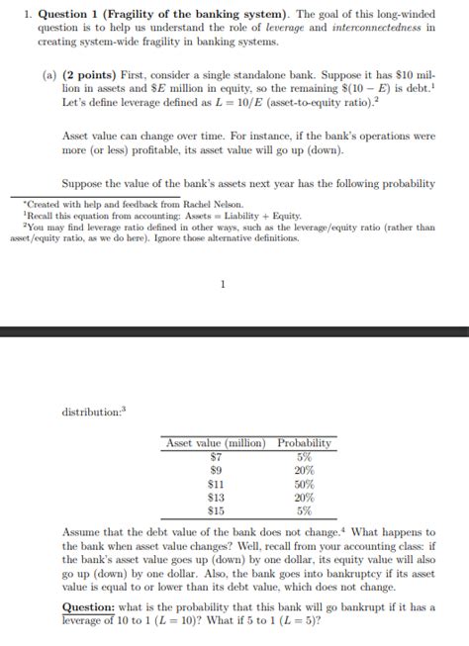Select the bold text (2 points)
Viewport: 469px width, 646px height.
point(91,75)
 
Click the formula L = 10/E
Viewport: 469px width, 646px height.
point(259,103)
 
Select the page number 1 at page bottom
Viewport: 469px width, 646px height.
point(223,285)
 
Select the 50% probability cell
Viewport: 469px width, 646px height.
point(305,484)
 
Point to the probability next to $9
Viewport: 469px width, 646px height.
point(305,470)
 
